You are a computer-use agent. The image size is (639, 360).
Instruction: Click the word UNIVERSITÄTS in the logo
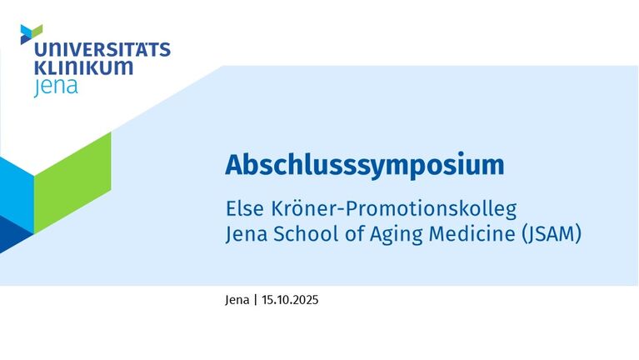[102, 49]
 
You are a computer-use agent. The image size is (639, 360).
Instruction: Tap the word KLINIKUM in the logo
[83, 67]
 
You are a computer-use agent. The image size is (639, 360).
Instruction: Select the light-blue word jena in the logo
[56, 87]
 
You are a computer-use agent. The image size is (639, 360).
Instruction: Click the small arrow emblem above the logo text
[32, 34]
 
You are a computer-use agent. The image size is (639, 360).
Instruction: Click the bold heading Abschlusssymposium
[365, 165]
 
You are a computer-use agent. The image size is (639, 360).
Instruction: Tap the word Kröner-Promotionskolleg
[394, 209]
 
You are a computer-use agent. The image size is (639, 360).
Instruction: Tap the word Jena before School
[247, 234]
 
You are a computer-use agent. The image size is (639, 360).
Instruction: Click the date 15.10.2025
[290, 300]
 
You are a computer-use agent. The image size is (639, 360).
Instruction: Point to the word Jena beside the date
[237, 300]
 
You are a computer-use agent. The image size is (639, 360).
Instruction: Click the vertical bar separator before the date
[256, 300]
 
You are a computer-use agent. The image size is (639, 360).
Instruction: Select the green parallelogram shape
[72, 182]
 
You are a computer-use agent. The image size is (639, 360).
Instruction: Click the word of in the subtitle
[354, 234]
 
